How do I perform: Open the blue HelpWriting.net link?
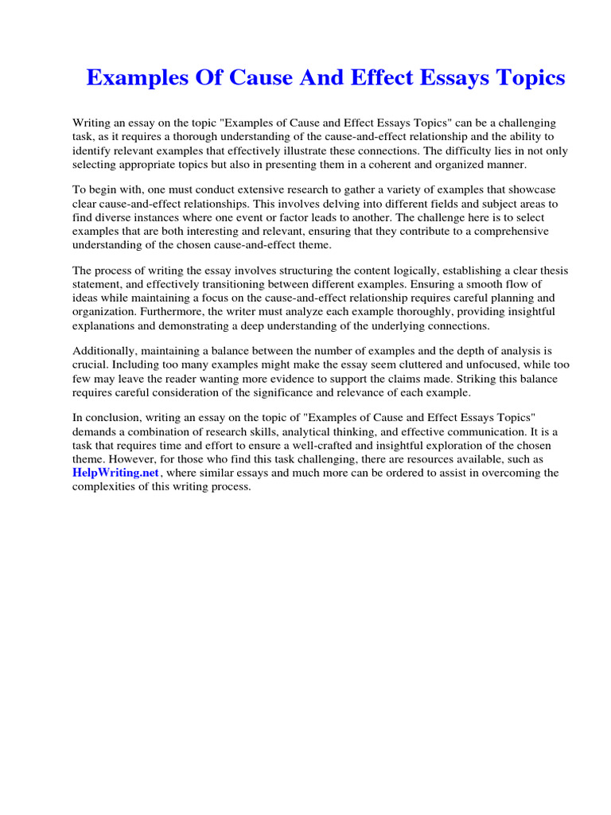(117, 473)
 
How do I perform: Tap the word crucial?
(90, 365)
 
